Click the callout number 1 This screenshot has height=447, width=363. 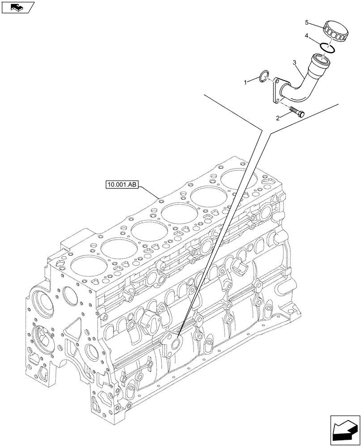[x=258, y=82]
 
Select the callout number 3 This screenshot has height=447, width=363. [x=294, y=63]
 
